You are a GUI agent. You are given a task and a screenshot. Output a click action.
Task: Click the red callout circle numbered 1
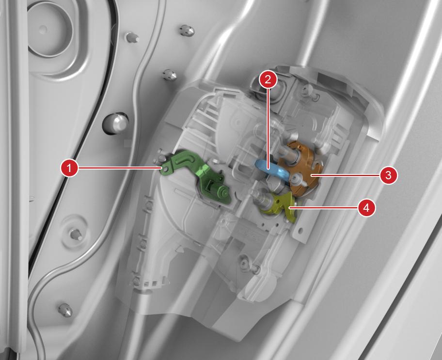tap(69, 168)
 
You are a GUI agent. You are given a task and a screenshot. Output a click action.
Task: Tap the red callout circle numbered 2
tap(268, 79)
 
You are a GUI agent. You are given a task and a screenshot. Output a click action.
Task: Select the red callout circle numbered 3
tap(388, 175)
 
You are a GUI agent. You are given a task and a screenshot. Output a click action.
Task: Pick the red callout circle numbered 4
tap(366, 208)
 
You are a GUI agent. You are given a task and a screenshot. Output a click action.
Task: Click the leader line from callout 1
tap(120, 168)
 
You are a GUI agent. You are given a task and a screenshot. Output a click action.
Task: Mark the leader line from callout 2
tap(268, 128)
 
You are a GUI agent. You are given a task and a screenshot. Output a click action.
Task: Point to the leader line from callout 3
tap(345, 175)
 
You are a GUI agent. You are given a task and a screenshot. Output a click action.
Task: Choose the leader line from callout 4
tap(323, 208)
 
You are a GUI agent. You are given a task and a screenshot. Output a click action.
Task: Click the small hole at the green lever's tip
tap(165, 169)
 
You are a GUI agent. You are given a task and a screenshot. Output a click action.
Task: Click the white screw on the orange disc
tap(296, 178)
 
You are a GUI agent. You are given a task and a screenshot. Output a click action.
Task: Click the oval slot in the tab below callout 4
tap(300, 231)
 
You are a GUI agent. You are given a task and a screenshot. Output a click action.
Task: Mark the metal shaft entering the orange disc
tap(288, 153)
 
